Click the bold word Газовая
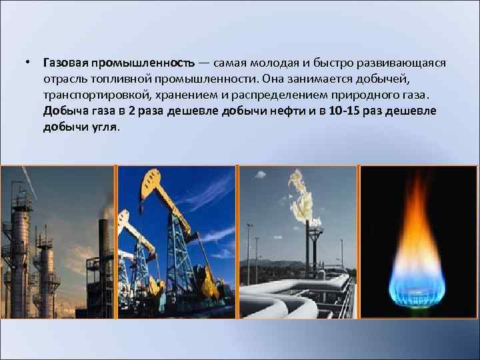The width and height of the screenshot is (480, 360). coord(66,63)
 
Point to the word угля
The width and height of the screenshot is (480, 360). coord(103,127)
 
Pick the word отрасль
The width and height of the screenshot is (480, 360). coord(63,79)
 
